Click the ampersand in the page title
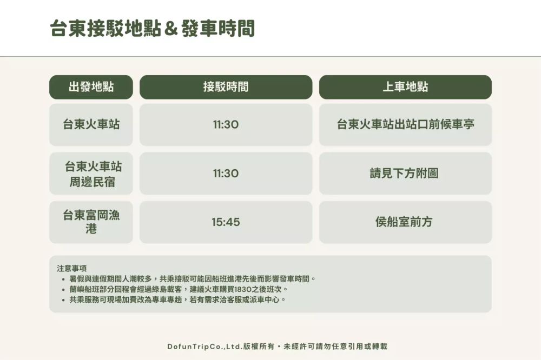coord(170,29)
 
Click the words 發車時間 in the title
coord(218,28)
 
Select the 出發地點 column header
coord(91,87)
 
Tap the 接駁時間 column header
coord(226,87)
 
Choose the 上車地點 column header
coord(405,87)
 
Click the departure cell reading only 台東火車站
coord(91,124)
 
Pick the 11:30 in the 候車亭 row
coord(226,124)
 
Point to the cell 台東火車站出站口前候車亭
coord(405,124)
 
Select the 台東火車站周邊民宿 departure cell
coord(91,174)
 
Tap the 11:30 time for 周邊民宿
coord(226,174)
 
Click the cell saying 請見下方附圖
coord(405,174)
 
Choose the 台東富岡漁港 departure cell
coord(91,222)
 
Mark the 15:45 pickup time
coord(226,222)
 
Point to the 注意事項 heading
coord(72,268)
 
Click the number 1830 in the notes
coord(243,289)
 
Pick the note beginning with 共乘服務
coord(177,300)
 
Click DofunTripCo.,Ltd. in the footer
coord(205,346)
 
